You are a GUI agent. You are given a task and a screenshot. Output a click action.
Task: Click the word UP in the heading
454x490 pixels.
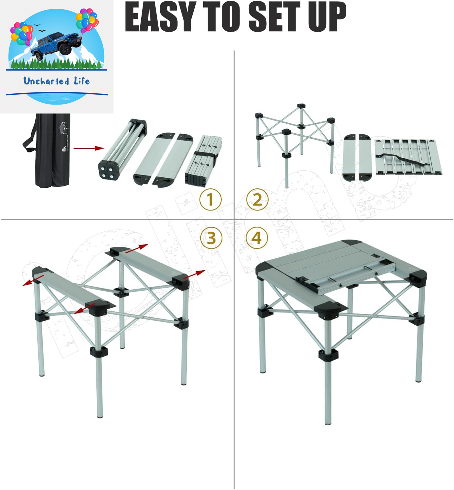click(x=327, y=17)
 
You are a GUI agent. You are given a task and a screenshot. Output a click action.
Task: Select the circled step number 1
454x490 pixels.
click(x=211, y=199)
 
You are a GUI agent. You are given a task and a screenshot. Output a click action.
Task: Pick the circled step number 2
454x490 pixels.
click(x=257, y=199)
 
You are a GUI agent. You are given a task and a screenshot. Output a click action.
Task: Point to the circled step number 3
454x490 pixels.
click(x=211, y=238)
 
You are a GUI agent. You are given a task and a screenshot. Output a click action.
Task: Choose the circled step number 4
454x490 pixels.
click(x=257, y=238)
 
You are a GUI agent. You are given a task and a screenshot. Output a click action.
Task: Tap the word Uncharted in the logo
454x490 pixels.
click(x=46, y=81)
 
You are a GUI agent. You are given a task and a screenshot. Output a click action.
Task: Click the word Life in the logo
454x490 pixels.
click(x=82, y=81)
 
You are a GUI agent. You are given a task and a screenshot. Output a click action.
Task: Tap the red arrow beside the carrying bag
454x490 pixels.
click(x=89, y=148)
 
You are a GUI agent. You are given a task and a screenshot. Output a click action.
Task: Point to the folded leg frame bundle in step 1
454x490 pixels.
click(x=122, y=149)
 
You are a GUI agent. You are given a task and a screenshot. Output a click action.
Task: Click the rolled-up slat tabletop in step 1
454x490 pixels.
click(x=203, y=160)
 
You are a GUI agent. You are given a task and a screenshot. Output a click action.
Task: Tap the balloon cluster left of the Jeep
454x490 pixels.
click(x=22, y=33)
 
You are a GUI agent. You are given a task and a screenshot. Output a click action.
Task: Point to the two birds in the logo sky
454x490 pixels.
click(x=40, y=28)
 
